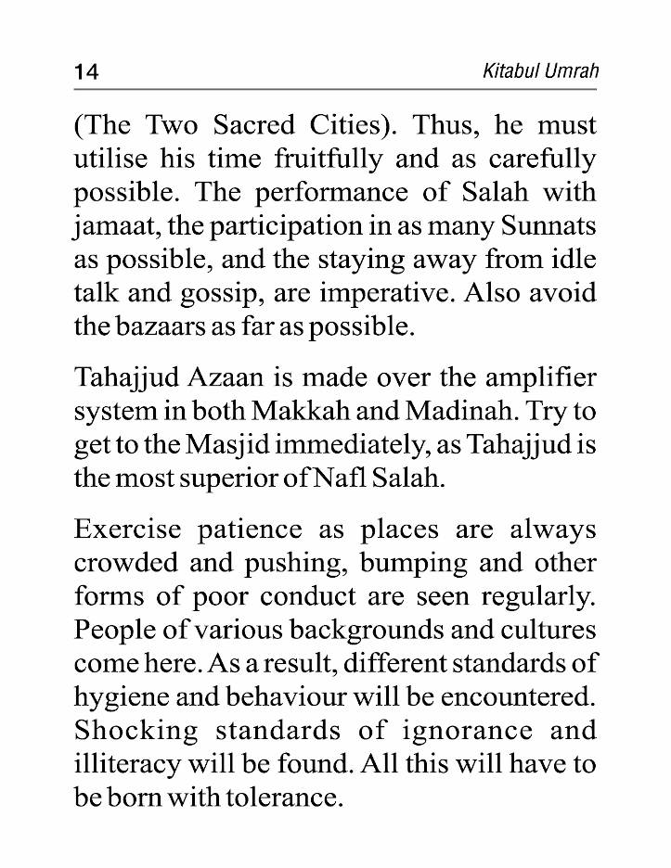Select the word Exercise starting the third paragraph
pos(128,530)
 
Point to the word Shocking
pos(135,731)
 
